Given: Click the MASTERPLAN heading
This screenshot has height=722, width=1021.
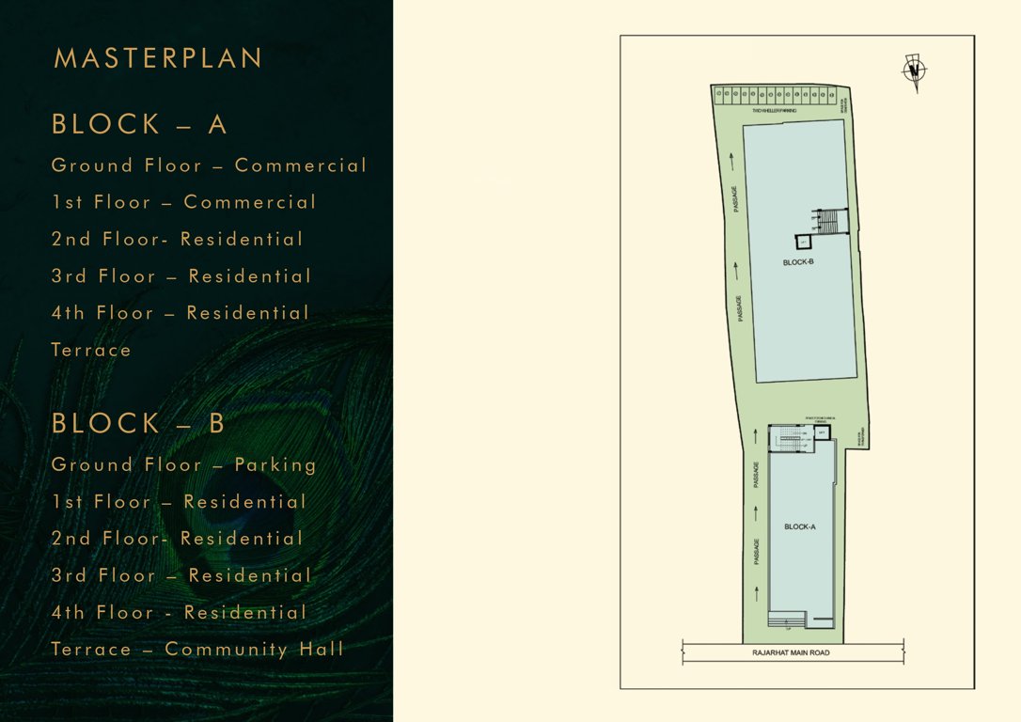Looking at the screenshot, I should (158, 58).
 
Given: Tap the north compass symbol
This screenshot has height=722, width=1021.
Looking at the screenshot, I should (914, 72).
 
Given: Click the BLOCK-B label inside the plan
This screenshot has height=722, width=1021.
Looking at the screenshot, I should (798, 262).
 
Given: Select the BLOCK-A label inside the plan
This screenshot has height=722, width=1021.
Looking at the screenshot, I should (800, 526).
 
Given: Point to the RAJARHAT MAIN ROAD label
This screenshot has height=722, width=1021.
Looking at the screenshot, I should (791, 652).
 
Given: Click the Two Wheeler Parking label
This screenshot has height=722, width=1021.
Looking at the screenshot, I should (774, 111).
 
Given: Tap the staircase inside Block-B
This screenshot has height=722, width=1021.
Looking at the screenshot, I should (827, 221).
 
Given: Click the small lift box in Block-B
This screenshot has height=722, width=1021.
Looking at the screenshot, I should (805, 243).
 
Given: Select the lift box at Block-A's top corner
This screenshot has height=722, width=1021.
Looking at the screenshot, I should (822, 432).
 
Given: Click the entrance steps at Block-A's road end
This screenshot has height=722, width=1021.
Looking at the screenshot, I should (786, 619).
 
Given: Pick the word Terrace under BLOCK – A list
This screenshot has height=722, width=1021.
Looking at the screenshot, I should (91, 350).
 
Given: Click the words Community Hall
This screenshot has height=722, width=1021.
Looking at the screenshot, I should (254, 649).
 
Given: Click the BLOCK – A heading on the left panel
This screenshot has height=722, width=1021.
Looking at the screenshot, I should (140, 124).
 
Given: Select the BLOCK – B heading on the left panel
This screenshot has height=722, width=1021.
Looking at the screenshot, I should (139, 423).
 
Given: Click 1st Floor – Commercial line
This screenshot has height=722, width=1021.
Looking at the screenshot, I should (183, 202).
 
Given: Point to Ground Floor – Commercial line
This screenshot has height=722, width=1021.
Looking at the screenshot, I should (209, 165).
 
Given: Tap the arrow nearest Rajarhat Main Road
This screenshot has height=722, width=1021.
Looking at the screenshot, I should (758, 591).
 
